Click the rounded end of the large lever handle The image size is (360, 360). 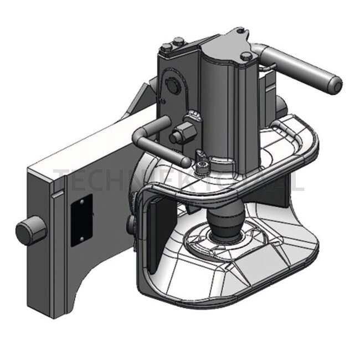[x=336, y=84]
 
